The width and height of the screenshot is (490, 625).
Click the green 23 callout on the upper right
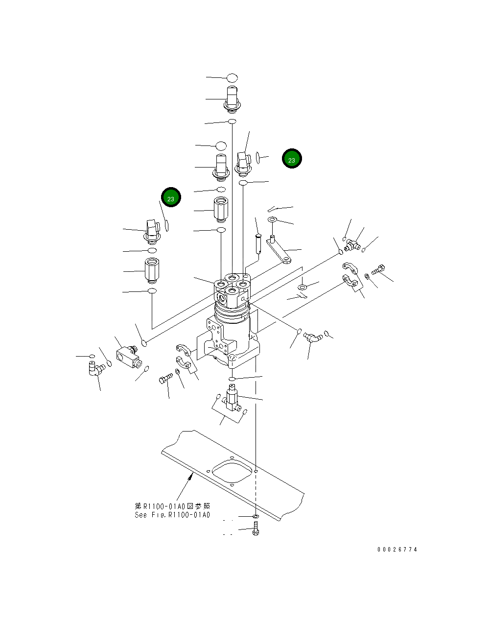(x=292, y=159)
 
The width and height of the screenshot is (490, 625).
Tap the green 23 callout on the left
(x=171, y=198)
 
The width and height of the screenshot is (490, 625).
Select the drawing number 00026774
(x=397, y=550)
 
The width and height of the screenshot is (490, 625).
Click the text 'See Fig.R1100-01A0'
(x=172, y=515)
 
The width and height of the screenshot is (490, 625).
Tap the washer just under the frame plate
(x=256, y=516)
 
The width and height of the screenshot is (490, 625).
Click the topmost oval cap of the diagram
(x=232, y=77)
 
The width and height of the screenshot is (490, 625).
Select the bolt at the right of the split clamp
(x=379, y=268)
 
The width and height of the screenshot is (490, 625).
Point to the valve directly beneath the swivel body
(x=232, y=398)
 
